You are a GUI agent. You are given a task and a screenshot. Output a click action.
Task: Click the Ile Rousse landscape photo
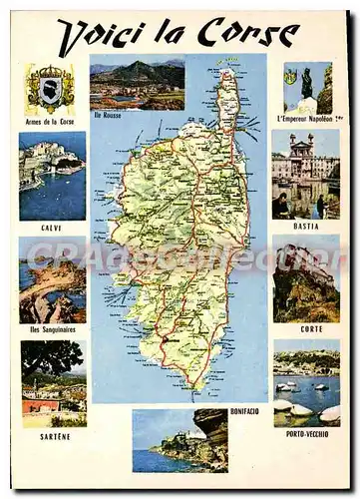coord(137,84)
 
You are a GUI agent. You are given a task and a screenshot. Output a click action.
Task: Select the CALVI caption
coord(52,227)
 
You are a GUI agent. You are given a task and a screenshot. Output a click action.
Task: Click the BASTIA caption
coord(306,226)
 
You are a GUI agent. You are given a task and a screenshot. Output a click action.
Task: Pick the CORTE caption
coord(311,328)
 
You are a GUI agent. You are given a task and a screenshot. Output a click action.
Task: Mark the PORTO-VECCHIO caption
coord(307,432)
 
